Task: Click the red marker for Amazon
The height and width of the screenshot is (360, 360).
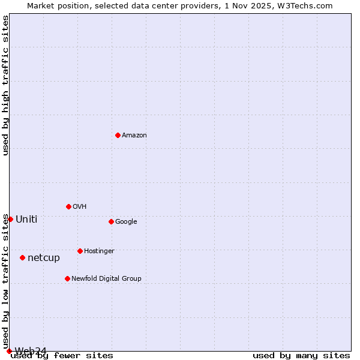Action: (118, 135)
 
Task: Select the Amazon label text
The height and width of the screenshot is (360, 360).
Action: (134, 136)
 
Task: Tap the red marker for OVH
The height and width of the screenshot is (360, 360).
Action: (68, 206)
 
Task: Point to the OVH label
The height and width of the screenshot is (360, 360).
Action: (80, 207)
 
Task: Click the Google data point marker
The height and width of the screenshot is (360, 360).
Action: (111, 221)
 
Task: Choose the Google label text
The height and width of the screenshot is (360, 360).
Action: (126, 222)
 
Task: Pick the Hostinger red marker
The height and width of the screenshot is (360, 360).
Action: (80, 251)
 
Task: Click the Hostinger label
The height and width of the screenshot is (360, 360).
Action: (99, 251)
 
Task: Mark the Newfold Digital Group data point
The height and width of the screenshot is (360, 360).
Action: (67, 278)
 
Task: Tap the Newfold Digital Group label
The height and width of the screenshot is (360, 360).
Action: (106, 278)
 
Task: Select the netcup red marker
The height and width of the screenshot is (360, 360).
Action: (22, 257)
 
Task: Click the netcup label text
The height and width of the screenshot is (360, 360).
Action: (44, 258)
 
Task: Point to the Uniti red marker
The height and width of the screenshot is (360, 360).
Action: (10, 219)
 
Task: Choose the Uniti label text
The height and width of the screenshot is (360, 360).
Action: (26, 220)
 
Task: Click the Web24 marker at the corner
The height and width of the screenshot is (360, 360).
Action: (9, 351)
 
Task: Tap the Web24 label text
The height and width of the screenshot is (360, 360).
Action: (31, 351)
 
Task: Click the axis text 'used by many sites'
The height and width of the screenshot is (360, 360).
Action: (301, 356)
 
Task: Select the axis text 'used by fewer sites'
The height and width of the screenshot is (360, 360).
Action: (62, 356)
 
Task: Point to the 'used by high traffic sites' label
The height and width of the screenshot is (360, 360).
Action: (5, 85)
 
